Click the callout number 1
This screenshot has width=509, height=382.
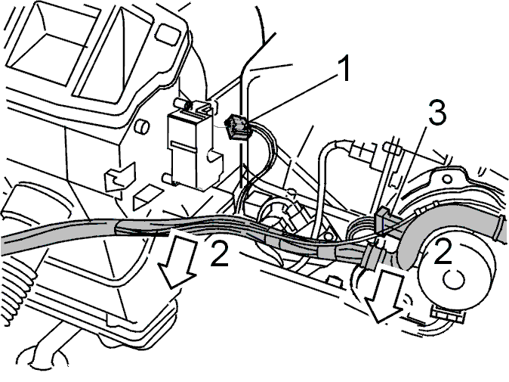pyautogui.click(x=343, y=68)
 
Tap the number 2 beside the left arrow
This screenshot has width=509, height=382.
pyautogui.click(x=220, y=253)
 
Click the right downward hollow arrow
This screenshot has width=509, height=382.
pyautogui.click(x=384, y=297)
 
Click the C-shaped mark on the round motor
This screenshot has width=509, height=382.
pyautogui.click(x=453, y=279)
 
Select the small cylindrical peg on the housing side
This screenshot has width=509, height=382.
pyautogui.click(x=141, y=126)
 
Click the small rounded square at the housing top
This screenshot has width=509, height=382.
pyautogui.click(x=168, y=33)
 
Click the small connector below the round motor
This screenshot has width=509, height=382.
pyautogui.click(x=448, y=315)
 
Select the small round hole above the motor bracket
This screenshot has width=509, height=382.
pyautogui.click(x=447, y=179)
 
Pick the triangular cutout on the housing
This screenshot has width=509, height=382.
pyautogui.click(x=147, y=197)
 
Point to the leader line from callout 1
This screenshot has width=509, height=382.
pyautogui.click(x=292, y=96)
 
